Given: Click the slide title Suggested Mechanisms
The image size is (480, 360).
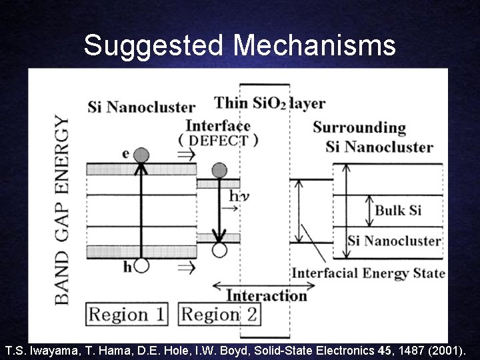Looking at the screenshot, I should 239,46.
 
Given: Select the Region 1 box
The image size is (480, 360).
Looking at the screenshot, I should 127,315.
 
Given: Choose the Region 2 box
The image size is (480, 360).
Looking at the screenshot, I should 220,315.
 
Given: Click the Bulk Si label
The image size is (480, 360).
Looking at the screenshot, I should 398,211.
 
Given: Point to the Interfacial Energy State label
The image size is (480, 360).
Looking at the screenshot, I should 368,273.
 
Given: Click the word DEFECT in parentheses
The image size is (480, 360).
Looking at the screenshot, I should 218,141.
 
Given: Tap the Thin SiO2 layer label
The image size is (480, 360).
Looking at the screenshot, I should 269,103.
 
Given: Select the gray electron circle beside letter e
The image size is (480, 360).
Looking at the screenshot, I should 141,155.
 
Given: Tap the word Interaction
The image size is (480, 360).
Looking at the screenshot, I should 267,296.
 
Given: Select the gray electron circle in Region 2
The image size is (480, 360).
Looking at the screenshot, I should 219,170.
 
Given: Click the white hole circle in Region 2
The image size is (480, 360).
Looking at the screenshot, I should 219,250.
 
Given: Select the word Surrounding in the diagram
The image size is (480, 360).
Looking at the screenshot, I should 359,127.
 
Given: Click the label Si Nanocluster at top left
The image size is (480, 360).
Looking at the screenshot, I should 141,107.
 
